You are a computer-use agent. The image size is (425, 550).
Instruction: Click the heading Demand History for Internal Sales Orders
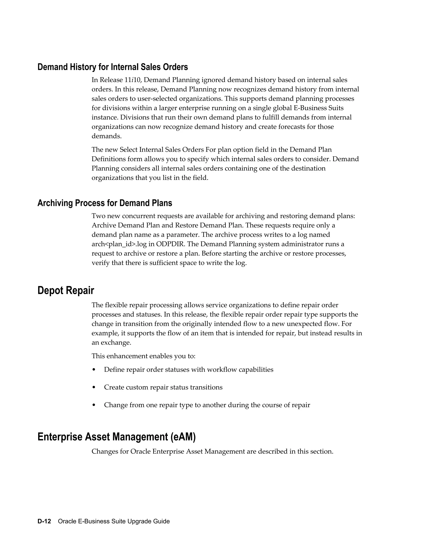(112, 67)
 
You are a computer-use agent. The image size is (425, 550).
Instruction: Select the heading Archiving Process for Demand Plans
(105, 203)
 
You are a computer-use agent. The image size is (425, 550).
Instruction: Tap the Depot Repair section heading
(66, 291)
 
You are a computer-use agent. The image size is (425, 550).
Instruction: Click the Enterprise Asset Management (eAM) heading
(116, 437)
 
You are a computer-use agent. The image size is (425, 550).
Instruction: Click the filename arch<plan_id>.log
(123, 244)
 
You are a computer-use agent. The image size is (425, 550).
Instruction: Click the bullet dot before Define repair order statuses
(94, 370)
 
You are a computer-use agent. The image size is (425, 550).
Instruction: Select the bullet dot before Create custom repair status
(94, 387)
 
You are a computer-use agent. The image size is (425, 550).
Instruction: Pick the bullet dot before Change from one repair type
(94, 405)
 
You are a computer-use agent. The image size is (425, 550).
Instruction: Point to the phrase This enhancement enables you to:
(144, 356)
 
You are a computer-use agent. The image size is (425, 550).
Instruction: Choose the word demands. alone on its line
(106, 136)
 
